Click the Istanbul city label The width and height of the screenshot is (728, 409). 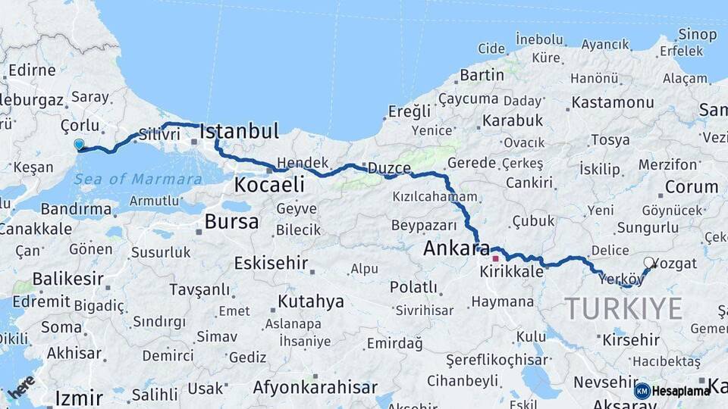click(239, 131)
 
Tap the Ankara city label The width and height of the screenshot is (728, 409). click(451, 248)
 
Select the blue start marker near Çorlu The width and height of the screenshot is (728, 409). click(79, 144)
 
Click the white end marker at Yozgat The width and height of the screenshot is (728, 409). click(649, 263)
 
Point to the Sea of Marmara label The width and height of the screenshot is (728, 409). click(138, 180)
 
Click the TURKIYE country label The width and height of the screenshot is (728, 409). click(623, 308)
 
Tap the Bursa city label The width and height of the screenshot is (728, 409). click(231, 223)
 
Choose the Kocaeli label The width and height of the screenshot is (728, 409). click(269, 185)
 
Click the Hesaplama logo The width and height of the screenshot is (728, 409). click(672, 391)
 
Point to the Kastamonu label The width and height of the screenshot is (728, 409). click(613, 102)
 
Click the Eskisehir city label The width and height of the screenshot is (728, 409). click(271, 263)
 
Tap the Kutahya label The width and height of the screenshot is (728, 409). click(310, 301)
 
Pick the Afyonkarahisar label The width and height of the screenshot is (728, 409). click(315, 388)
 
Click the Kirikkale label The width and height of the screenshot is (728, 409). click(512, 271)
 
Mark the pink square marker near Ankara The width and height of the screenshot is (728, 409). click(495, 258)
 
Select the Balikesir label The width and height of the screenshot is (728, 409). click(67, 278)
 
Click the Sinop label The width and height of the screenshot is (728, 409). click(697, 34)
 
